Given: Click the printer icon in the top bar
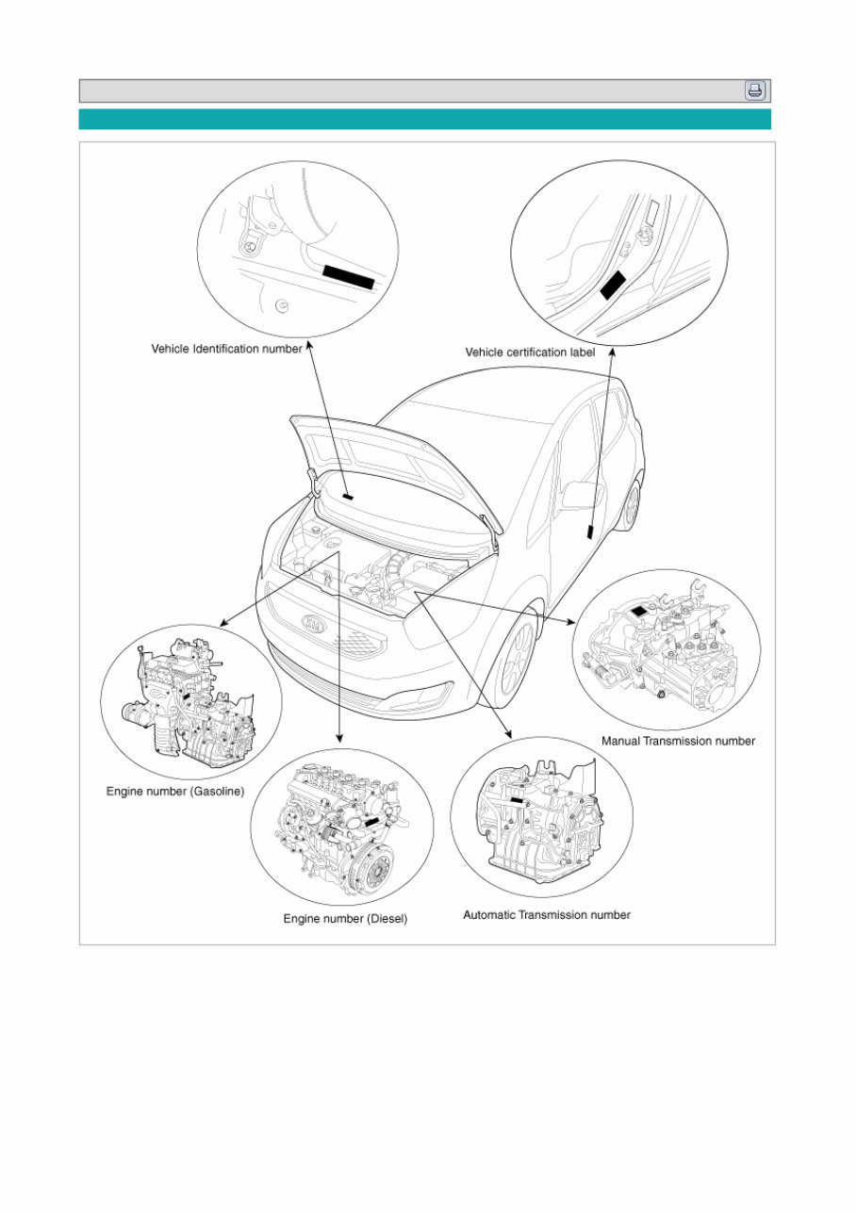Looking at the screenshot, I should coord(755,90).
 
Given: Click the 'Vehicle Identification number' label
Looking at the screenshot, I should coord(226,349).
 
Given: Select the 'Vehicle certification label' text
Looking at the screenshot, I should coord(530,352).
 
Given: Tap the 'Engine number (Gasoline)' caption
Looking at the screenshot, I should coord(174,793).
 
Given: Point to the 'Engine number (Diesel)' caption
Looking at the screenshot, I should coord(345,918).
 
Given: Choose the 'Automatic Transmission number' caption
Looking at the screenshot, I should coord(546,914).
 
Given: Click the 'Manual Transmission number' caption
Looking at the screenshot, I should coord(678,741).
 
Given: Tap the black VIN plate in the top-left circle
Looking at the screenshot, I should coord(349,275).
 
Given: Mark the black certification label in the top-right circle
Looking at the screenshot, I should coord(614,283).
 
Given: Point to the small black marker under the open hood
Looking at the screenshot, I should coord(347,497).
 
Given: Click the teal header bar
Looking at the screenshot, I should coord(424,119).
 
